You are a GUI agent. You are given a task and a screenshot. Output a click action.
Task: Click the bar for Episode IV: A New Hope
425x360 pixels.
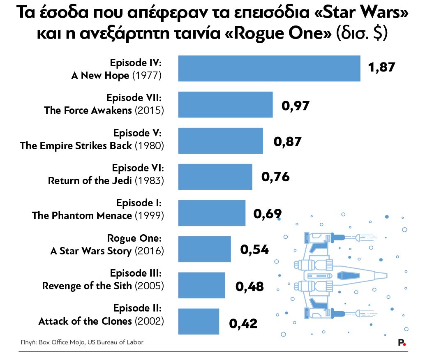(x=269, y=68)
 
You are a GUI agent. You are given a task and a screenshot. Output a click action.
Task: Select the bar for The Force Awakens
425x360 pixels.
(x=225, y=104)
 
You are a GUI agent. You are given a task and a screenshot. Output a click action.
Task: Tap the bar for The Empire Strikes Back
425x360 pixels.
(x=220, y=141)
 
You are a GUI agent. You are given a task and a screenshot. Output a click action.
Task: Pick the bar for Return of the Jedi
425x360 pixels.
(x=215, y=177)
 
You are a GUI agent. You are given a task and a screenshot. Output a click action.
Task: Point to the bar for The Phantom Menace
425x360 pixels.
(x=212, y=213)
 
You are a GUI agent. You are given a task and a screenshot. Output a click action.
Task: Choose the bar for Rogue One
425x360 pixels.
(x=204, y=249)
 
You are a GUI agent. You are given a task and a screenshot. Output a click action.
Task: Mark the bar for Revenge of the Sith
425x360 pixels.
(x=201, y=285)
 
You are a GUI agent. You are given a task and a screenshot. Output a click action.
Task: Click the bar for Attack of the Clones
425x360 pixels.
(x=199, y=321)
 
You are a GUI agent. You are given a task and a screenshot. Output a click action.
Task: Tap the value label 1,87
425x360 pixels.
(x=382, y=67)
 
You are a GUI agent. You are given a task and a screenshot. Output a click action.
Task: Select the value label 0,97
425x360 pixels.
(x=295, y=106)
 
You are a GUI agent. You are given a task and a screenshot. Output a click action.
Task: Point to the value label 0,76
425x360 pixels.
(x=275, y=177)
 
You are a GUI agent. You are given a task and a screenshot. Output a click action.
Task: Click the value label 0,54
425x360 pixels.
(x=254, y=249)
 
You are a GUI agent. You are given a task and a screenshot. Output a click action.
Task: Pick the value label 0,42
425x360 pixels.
(x=243, y=323)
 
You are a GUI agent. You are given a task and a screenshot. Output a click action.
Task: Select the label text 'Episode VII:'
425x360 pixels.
(x=134, y=98)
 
